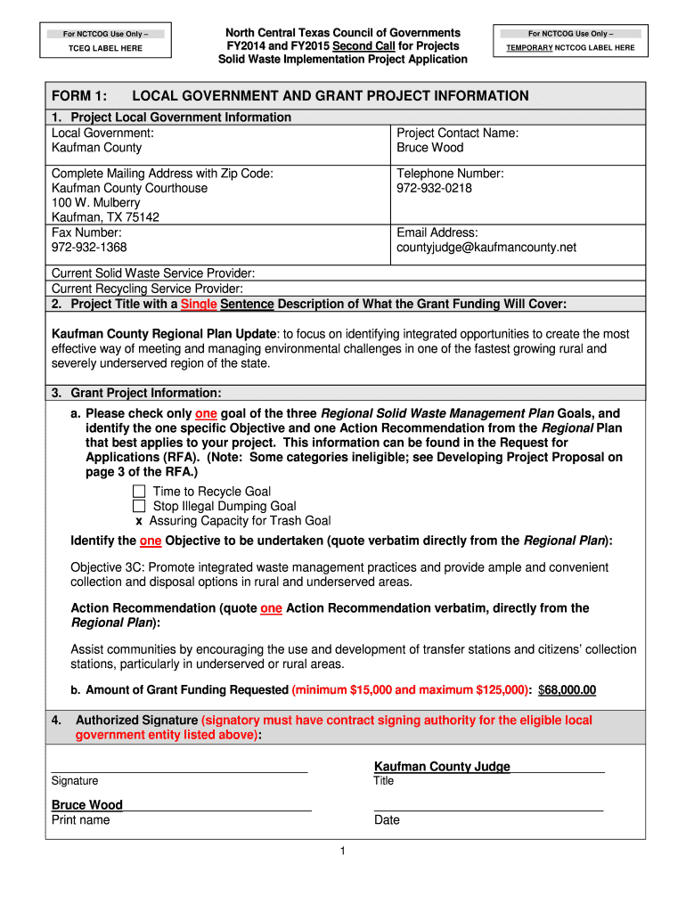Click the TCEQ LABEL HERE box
point(106,41)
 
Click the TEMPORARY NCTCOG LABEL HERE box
point(570,41)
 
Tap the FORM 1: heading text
point(79,96)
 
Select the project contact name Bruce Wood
point(430,148)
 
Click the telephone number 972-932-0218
point(435,189)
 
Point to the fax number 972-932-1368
point(89,247)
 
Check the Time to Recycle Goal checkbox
point(139,492)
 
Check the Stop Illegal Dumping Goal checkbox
point(139,507)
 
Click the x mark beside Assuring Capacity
point(139,521)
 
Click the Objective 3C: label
point(106,567)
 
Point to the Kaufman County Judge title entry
point(442,767)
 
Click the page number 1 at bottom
point(342,852)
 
